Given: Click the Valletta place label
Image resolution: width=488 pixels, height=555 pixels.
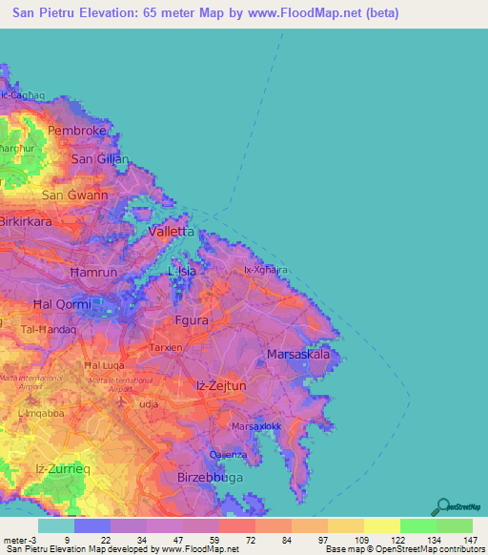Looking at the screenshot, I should click(x=173, y=232).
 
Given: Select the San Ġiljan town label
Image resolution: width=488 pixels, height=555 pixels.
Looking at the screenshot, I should click(x=100, y=158).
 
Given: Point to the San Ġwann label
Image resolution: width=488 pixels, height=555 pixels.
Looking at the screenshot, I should click(x=71, y=195).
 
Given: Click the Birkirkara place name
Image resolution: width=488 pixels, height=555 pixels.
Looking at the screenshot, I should click(x=26, y=220).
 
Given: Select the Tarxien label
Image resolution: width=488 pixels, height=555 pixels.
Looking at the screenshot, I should click(x=166, y=348).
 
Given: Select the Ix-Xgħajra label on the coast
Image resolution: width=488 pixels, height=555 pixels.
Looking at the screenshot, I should click(x=266, y=270).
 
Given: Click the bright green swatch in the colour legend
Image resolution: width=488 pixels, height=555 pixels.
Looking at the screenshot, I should click(x=417, y=525).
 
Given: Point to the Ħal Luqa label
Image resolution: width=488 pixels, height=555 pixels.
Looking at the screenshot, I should click(x=105, y=364).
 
